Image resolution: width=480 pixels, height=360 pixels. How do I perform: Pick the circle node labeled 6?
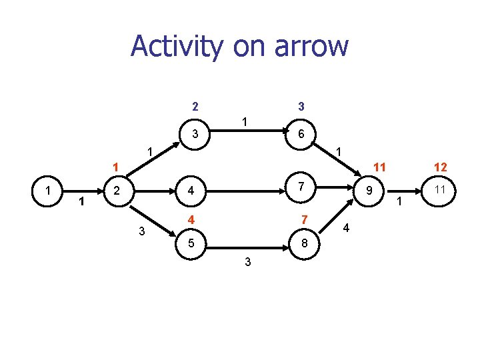301,134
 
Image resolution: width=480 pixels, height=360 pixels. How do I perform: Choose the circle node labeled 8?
305,243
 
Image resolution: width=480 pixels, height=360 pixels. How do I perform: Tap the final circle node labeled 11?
440,191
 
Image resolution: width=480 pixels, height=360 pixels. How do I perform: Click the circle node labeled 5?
191,243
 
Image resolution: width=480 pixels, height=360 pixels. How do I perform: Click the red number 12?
440,167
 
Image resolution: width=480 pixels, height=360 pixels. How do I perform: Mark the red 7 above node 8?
304,220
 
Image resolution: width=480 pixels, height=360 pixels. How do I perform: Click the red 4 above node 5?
191,220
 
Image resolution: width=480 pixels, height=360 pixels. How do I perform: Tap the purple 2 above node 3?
194,106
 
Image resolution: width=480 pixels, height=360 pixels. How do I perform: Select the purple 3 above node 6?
301,106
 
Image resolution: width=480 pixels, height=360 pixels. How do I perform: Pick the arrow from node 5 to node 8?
247,244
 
